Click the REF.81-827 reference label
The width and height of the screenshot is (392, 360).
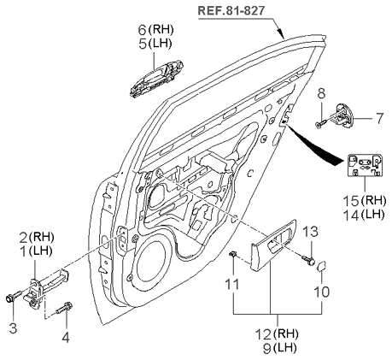pos(231,10)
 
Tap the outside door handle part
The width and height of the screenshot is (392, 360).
pos(156,79)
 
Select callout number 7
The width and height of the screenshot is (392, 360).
pos(379,118)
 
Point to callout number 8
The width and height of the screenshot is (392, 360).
pos(321,94)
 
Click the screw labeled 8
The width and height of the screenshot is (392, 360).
pos(320,124)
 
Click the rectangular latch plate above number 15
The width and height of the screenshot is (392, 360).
pos(365,165)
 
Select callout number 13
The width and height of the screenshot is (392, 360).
pos(310,232)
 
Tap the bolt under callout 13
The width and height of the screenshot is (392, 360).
pos(308,260)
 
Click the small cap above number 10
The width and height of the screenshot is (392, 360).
pos(322,266)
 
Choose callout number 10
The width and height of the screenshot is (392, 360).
pos(321,292)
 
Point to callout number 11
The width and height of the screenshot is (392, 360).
pos(232,284)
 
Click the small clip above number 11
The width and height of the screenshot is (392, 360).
pos(233,253)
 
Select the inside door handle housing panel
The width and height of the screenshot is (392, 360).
pos(273,245)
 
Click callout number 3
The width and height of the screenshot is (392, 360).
pos(13,328)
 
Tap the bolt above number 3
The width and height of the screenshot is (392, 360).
pos(13,296)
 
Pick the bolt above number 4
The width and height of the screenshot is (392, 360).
pos(65,308)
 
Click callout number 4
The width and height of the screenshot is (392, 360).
pos(66,338)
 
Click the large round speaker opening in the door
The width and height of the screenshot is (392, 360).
pos(152,260)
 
